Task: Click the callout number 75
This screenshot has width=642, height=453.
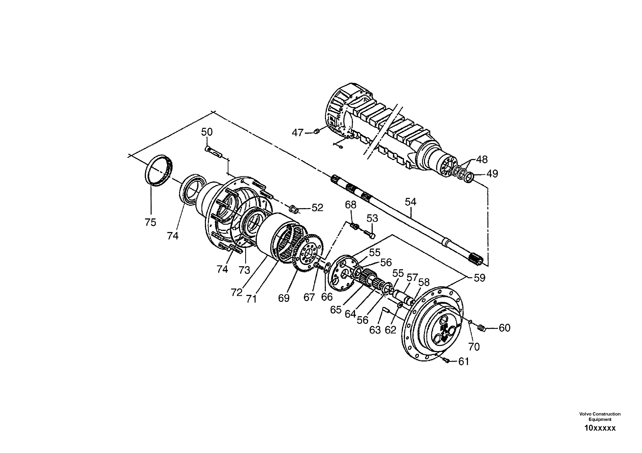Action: point(151,222)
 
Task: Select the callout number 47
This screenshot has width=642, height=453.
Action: point(298,133)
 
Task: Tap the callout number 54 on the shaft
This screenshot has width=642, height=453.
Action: point(410,202)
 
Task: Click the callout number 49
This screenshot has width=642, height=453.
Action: point(492,174)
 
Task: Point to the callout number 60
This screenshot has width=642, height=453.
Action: point(504,328)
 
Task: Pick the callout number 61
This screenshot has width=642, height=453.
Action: point(464,362)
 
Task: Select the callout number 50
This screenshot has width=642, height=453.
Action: point(207,132)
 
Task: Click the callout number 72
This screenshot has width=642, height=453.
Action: point(236,292)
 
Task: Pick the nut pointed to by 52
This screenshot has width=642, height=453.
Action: point(293,208)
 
